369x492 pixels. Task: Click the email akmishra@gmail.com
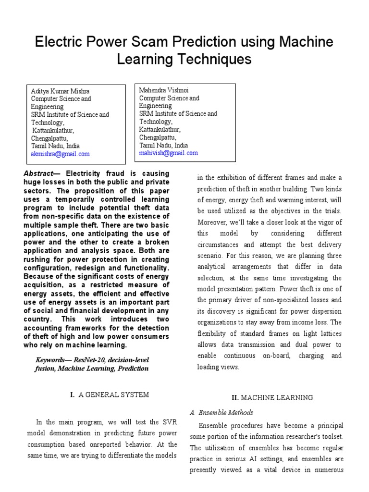(60, 154)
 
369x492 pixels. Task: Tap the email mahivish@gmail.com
(168, 153)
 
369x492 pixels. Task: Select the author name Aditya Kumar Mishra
(60, 91)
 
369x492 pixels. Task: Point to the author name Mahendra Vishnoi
(164, 90)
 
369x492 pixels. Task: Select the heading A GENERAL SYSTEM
(113, 394)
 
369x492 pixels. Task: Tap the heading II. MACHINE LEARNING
(272, 397)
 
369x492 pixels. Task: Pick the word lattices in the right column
(330, 334)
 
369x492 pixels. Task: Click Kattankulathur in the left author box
(53, 130)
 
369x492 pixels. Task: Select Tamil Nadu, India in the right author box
(163, 145)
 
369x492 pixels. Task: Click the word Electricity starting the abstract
(84, 173)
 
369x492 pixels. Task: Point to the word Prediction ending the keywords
(130, 369)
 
